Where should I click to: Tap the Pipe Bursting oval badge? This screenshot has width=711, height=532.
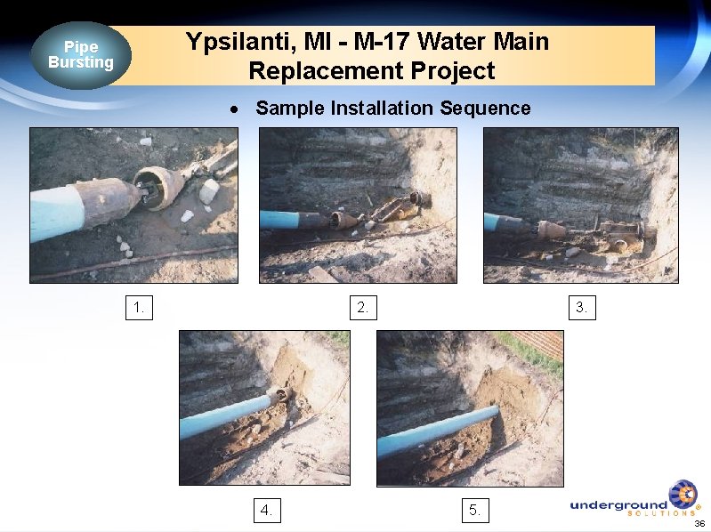click(81, 55)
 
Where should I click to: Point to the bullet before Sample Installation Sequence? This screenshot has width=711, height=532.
click(234, 109)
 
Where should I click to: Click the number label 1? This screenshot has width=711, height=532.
click(140, 308)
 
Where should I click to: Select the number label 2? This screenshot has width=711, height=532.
click(363, 308)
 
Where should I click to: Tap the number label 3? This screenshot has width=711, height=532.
click(582, 308)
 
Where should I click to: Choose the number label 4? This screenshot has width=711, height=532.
click(266, 510)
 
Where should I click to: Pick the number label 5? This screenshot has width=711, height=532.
click(475, 510)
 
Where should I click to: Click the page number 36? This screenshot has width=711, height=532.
click(699, 523)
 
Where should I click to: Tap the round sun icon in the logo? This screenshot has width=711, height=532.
click(683, 495)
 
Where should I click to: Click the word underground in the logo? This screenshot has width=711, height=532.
click(618, 504)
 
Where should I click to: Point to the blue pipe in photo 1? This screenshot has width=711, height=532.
click(56, 208)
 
